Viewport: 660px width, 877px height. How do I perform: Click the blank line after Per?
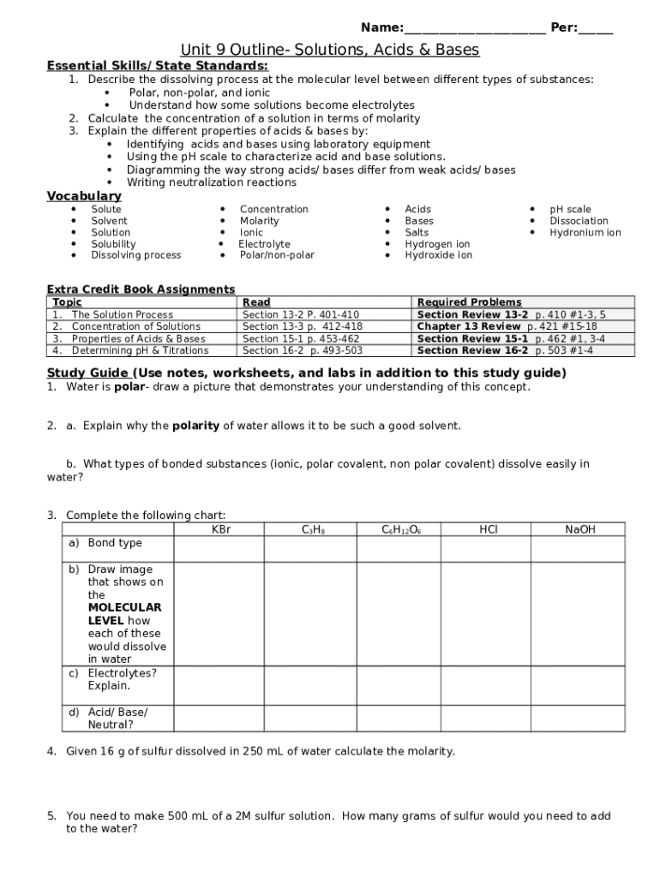[596, 29]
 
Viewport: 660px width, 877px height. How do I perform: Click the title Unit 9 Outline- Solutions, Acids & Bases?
[330, 50]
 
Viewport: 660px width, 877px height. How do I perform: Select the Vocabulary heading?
[83, 196]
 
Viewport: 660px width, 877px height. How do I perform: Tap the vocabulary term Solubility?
[113, 244]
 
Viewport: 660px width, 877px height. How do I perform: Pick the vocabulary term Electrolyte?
[264, 244]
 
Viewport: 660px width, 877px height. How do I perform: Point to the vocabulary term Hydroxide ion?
[438, 255]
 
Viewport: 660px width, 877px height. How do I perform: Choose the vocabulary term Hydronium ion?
[585, 232]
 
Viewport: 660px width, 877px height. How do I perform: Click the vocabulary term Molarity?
[259, 220]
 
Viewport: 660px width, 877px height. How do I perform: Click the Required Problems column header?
[469, 302]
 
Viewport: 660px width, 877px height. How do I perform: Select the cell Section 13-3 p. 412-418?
[302, 326]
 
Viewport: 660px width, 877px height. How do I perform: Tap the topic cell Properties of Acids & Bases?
[138, 338]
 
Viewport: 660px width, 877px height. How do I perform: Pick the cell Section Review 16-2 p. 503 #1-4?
[505, 350]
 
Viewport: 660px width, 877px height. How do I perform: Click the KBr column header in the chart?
[221, 530]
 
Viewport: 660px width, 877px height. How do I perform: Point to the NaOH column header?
[579, 530]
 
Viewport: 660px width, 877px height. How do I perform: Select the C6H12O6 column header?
[400, 530]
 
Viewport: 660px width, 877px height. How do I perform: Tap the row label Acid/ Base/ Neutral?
[117, 719]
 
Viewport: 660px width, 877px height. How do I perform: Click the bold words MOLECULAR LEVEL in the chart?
[124, 614]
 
